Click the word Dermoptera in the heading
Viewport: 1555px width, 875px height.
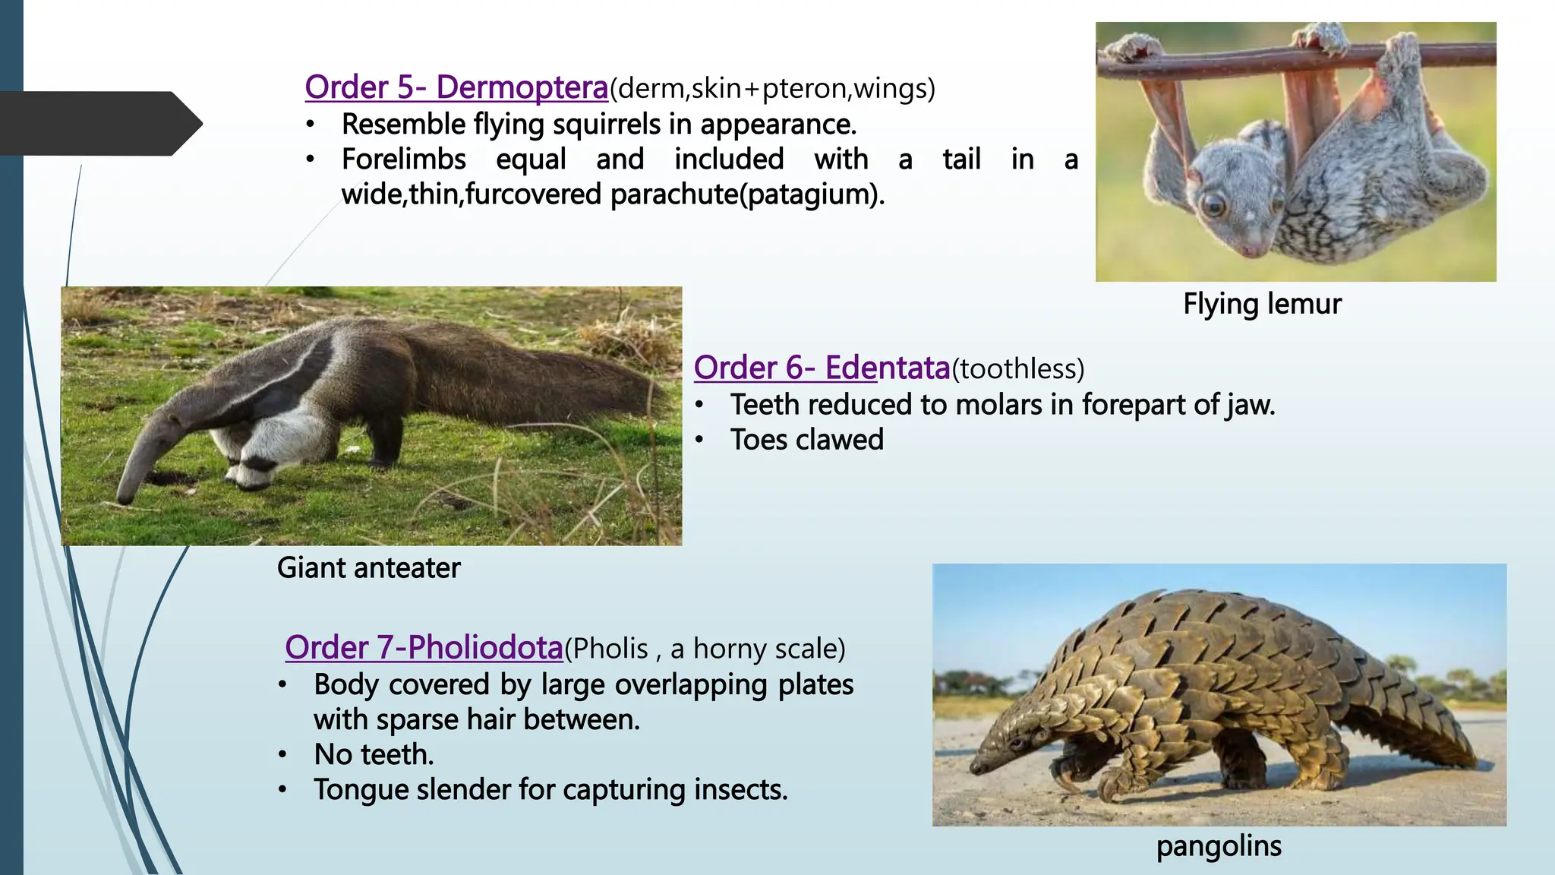[522, 88]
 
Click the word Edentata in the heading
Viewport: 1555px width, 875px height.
[887, 368]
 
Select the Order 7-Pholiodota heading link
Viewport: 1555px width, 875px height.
[424, 648]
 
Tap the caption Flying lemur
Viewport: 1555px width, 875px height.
[1262, 304]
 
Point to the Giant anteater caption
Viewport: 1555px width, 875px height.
[368, 568]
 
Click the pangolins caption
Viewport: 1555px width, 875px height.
[1219, 846]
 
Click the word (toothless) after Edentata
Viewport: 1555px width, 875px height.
[1018, 369]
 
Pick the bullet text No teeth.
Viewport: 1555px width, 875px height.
[374, 755]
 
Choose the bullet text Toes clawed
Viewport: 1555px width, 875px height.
[806, 440]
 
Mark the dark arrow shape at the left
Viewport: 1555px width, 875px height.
[99, 124]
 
